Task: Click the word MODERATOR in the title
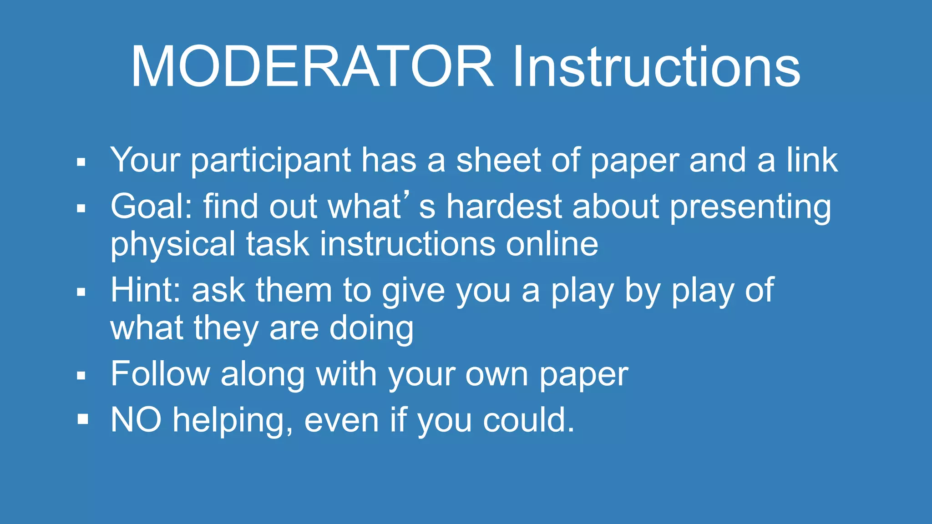pos(312,67)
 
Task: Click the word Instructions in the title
pos(656,67)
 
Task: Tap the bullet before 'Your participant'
pos(81,162)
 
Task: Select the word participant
pos(271,161)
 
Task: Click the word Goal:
pos(152,207)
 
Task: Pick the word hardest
pos(504,207)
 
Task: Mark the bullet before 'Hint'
pos(81,292)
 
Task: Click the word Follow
pos(160,374)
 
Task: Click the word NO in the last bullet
pos(136,420)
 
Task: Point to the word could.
pos(528,420)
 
